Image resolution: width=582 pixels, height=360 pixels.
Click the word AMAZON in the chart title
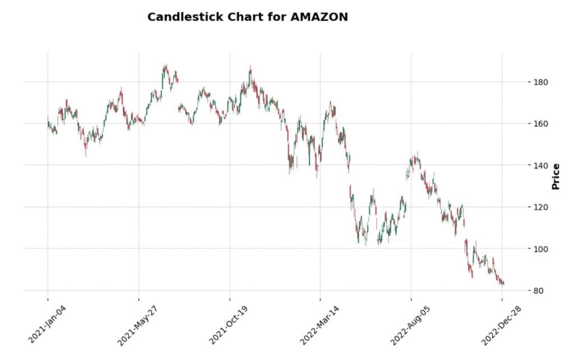click(319, 17)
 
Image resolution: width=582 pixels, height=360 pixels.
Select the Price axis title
click(556, 176)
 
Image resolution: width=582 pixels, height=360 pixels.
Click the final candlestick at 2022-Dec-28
click(503, 284)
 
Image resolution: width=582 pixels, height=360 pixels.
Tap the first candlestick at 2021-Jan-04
click(48, 121)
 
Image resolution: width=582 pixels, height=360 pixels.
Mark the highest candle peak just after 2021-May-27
click(165, 66)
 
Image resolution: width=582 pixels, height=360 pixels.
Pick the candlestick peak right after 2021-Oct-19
click(250, 67)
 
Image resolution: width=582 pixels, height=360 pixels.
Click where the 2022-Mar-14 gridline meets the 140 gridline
click(320, 165)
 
